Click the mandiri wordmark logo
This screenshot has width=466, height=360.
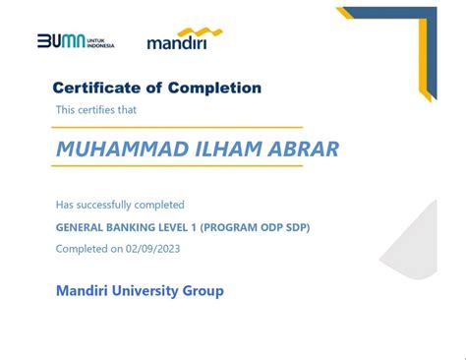click(178, 43)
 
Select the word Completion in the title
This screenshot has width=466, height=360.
click(212, 88)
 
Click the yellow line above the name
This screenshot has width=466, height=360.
click(177, 128)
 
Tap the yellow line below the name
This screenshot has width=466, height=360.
click(177, 166)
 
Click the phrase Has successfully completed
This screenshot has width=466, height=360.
click(120, 205)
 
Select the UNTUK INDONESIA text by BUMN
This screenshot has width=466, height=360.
click(99, 43)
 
